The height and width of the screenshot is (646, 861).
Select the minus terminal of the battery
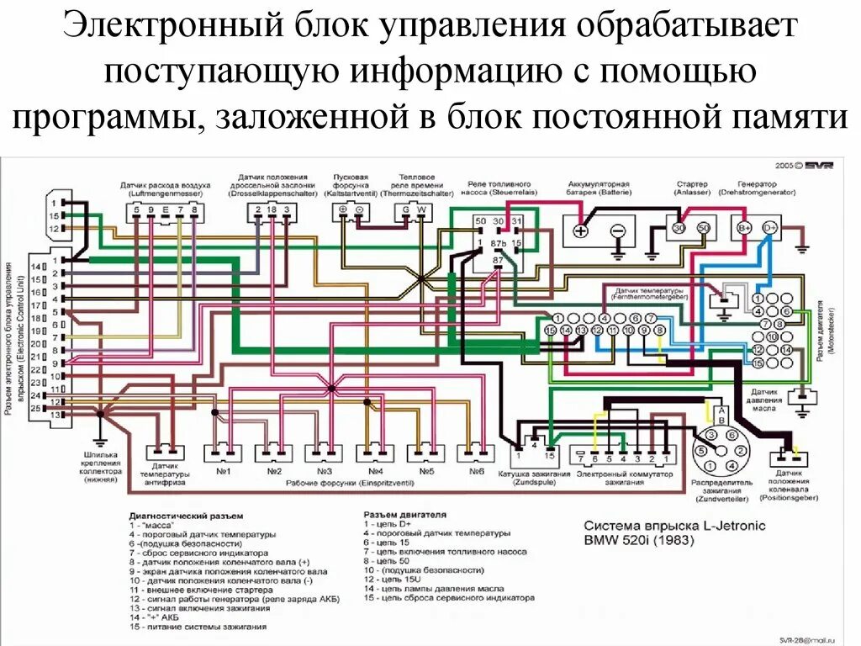pos(617,230)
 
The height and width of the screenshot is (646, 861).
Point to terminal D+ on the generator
pos(769,227)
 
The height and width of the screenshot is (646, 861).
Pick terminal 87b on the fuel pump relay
pos(499,243)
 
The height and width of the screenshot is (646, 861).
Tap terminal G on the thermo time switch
pos(406,209)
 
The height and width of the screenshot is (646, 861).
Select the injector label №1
pos(224,471)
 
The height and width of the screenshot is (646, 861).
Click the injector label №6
pos(477,471)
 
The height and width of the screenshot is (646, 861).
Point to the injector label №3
pos(325,471)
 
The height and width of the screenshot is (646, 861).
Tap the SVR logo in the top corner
pos(815,166)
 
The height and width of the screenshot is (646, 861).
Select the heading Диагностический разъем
pos(186,514)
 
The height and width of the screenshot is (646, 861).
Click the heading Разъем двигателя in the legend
pos(404,513)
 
